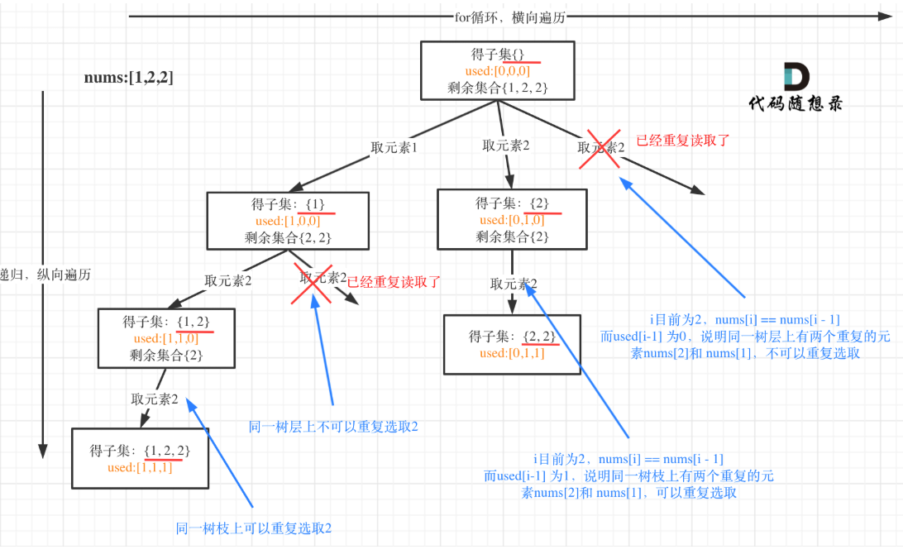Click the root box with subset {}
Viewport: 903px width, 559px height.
point(495,70)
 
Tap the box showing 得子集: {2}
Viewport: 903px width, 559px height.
point(512,219)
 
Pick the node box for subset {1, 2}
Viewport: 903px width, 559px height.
point(166,337)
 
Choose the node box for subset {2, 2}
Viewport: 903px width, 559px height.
point(512,344)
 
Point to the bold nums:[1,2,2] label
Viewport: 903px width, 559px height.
point(129,78)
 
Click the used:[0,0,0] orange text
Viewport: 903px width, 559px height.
point(497,71)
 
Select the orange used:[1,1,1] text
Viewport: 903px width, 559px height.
point(140,467)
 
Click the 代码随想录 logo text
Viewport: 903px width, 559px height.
point(795,103)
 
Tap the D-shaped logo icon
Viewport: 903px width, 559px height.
point(797,75)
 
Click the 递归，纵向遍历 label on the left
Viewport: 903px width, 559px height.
point(45,275)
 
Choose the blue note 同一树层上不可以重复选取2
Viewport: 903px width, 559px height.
point(333,427)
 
